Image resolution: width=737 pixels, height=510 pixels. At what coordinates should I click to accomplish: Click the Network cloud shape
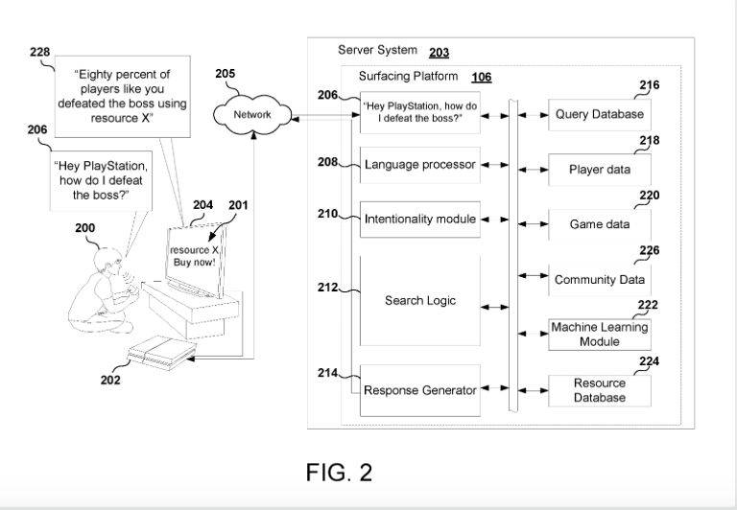coord(253,115)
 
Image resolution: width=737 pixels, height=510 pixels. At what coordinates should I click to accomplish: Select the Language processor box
coord(419,165)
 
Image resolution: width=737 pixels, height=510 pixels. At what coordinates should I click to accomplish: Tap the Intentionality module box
coord(419,220)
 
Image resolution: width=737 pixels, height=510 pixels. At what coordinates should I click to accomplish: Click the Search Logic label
coord(419,300)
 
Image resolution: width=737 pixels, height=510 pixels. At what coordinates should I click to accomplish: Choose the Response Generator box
coord(419,390)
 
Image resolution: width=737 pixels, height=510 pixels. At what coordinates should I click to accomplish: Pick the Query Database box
coord(600,115)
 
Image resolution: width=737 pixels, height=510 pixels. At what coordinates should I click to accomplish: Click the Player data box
coord(600,170)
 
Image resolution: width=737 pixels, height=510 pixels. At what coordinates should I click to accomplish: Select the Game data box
coord(600,224)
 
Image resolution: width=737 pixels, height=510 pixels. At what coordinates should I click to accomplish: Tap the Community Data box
coord(600,280)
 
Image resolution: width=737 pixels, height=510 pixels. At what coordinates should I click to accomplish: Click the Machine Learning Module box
coord(600,335)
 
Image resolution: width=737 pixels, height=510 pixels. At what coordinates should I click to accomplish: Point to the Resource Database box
coord(600,390)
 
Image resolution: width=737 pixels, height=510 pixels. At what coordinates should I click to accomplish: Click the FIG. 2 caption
coord(339,472)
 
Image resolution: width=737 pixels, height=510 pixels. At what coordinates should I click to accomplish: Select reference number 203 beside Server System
coord(439,52)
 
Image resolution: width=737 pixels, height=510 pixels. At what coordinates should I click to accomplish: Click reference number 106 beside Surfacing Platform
coord(481,77)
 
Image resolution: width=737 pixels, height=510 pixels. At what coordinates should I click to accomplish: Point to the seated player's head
coord(108,260)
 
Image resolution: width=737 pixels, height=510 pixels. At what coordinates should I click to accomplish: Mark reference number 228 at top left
coord(39,52)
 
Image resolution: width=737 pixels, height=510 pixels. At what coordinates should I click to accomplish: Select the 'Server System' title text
coord(377,50)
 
